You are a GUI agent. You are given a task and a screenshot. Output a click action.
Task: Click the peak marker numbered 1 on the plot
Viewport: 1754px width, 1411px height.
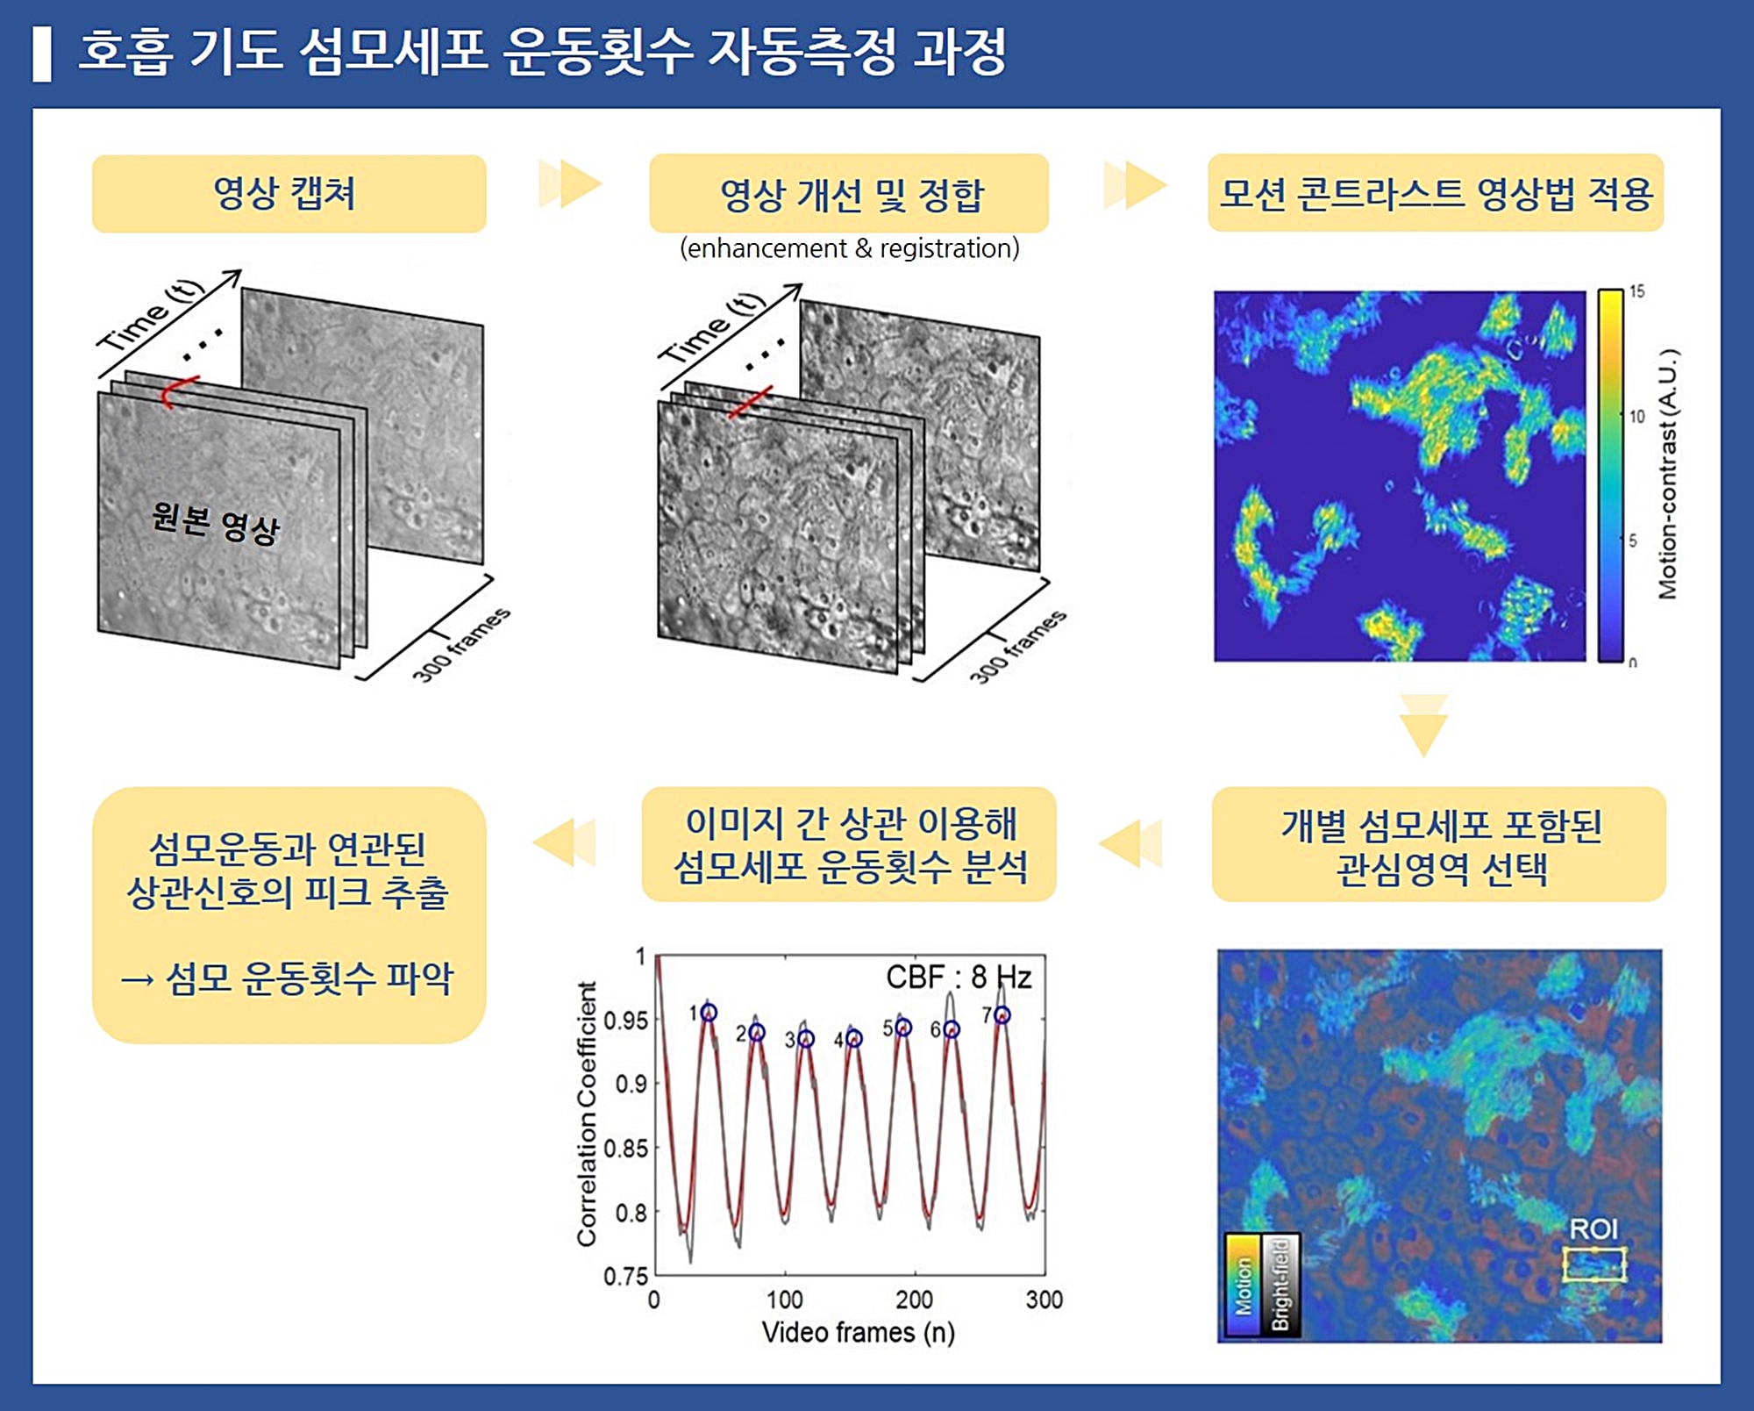pyautogui.click(x=709, y=1013)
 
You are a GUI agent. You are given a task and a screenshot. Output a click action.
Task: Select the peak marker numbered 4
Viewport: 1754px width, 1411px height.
pyautogui.click(x=854, y=1039)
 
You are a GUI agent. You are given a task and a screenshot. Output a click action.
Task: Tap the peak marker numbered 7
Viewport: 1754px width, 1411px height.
pyautogui.click(x=1002, y=1015)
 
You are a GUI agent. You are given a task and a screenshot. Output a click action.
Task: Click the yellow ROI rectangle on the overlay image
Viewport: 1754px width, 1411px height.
pyautogui.click(x=1594, y=1264)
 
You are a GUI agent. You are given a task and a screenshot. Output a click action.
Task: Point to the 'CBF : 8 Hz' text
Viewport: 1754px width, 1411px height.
pyautogui.click(x=959, y=977)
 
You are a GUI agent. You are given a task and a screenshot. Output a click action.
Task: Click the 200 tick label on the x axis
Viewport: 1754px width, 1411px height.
pyautogui.click(x=914, y=1300)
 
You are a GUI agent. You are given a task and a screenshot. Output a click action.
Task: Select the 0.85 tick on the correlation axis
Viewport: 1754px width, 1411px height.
pyautogui.click(x=625, y=1148)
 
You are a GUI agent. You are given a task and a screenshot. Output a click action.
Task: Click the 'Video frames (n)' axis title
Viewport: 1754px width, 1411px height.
pyautogui.click(x=858, y=1332)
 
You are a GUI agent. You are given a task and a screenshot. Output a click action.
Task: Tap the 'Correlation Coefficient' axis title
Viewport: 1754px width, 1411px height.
pyautogui.click(x=586, y=1114)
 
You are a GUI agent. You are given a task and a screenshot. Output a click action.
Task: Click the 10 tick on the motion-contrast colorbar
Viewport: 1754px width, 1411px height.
pyautogui.click(x=1636, y=416)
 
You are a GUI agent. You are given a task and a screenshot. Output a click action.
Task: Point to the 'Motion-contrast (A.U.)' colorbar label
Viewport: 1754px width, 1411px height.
pyautogui.click(x=1667, y=475)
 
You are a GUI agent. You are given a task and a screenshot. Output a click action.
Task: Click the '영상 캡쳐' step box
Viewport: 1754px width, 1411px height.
pyautogui.click(x=289, y=194)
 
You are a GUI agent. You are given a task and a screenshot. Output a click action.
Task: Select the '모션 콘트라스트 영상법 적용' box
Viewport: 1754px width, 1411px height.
pyautogui.click(x=1436, y=193)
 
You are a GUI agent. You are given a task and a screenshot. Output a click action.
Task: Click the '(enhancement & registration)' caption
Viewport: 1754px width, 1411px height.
pyautogui.click(x=849, y=248)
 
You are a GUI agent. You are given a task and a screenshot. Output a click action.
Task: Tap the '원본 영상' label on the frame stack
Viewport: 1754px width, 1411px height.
pyautogui.click(x=216, y=523)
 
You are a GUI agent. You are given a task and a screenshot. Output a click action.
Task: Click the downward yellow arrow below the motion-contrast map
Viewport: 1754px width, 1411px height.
pyautogui.click(x=1423, y=725)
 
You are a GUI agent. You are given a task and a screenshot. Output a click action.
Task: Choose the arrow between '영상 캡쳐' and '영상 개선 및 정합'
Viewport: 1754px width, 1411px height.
pyautogui.click(x=570, y=184)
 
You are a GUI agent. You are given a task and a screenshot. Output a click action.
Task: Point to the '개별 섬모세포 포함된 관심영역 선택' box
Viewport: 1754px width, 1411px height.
pyautogui.click(x=1438, y=844)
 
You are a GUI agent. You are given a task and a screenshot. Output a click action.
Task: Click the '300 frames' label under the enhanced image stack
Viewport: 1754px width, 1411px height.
pyautogui.click(x=1018, y=646)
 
